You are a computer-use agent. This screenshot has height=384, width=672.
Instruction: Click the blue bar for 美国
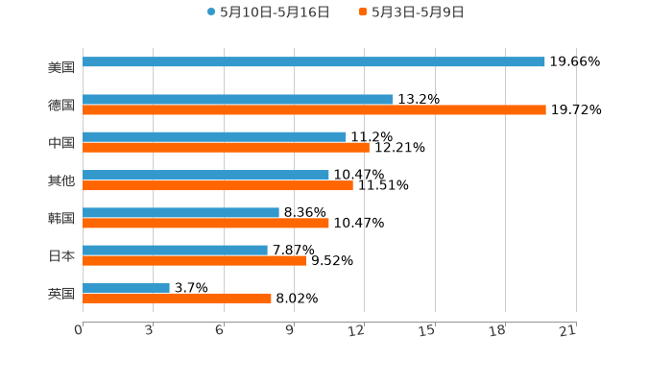point(314,61)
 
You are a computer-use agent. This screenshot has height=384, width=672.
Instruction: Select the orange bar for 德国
point(314,110)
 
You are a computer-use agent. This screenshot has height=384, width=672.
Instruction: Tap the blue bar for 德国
point(238,99)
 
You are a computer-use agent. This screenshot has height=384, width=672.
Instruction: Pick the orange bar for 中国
point(226,148)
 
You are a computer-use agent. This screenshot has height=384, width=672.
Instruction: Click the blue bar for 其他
point(205,175)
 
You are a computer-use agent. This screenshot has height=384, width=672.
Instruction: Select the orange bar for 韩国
point(205,223)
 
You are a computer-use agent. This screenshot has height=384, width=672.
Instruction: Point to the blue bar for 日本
point(175,250)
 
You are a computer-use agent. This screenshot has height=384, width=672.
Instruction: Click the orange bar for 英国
point(177,299)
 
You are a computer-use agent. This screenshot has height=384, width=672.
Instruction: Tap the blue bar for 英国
point(126,287)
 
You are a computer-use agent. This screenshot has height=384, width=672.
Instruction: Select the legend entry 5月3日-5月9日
point(418,12)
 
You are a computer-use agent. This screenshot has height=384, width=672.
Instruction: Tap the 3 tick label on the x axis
point(150,330)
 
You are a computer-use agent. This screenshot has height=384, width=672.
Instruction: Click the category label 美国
point(61,67)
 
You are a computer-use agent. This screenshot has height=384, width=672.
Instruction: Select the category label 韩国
point(61,218)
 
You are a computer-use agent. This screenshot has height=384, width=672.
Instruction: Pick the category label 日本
point(61,255)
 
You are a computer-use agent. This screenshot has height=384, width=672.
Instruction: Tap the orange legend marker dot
point(363,12)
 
